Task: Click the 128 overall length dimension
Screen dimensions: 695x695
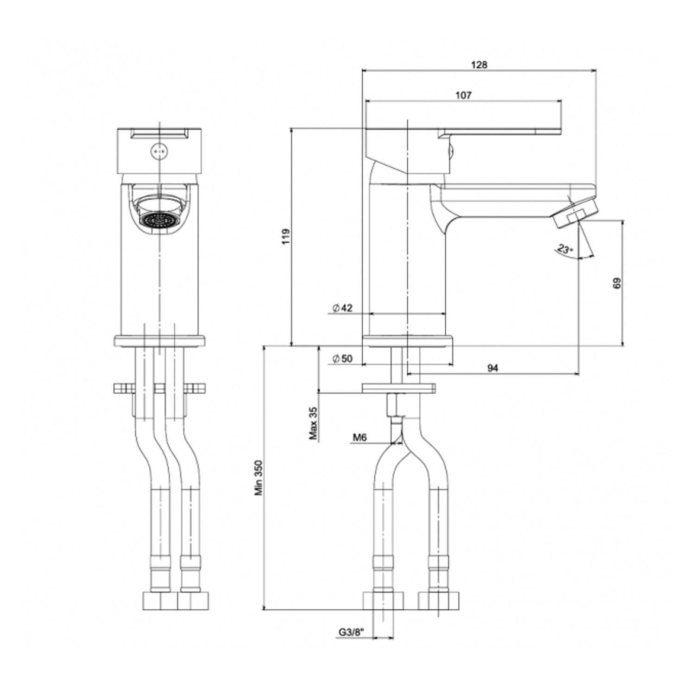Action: click(x=479, y=65)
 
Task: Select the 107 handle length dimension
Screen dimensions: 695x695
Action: click(x=463, y=95)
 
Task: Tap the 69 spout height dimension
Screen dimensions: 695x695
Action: click(x=616, y=283)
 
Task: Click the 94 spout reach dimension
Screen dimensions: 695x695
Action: click(x=493, y=368)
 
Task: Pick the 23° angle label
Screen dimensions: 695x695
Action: click(x=565, y=249)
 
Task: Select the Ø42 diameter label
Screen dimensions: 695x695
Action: click(x=342, y=308)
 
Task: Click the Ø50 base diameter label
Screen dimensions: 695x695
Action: click(x=342, y=359)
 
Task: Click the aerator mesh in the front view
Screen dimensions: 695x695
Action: click(x=158, y=220)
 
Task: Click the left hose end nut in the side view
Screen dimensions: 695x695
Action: click(x=383, y=600)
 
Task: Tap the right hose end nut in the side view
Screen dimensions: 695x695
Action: click(x=439, y=600)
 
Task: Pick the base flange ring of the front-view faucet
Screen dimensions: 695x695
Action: click(x=158, y=341)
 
